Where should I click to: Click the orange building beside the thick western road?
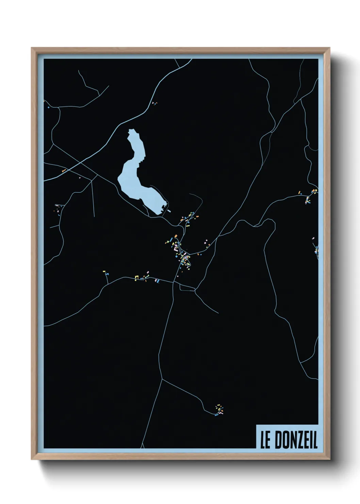pyautogui.click(x=64, y=170)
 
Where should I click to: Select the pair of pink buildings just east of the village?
pyautogui.click(x=206, y=242)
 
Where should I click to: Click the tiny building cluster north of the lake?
pyautogui.click(x=154, y=103)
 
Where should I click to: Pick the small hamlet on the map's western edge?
pyautogui.click(x=59, y=208)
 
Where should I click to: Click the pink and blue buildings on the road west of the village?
pyautogui.click(x=157, y=280)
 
